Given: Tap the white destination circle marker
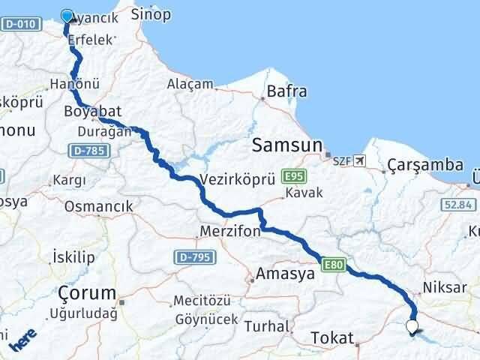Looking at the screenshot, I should point(411,325).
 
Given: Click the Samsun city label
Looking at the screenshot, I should point(288,144).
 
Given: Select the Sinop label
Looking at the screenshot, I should point(151,14).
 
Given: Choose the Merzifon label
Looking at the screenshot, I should point(229,232).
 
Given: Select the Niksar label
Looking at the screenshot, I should point(445,286).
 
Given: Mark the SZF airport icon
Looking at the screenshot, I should point(361,160).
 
